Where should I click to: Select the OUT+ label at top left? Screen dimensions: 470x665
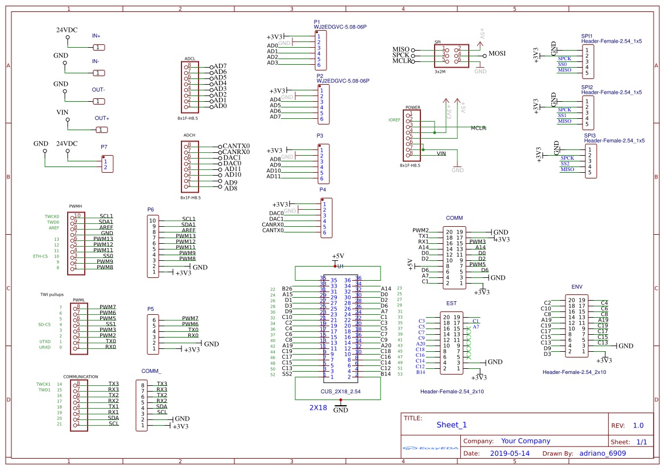point(102,118)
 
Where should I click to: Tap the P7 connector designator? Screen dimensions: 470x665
point(104,147)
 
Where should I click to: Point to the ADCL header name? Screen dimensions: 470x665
point(190,59)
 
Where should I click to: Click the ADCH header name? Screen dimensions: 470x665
point(189,135)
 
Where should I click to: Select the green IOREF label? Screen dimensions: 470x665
point(394,120)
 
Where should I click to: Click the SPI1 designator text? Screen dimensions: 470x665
point(587,35)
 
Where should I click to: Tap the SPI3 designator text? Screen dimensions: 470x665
point(589,136)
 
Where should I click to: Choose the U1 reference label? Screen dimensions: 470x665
point(340,266)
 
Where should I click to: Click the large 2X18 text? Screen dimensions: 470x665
point(318,407)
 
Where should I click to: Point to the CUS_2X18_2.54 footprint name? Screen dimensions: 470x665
point(341,392)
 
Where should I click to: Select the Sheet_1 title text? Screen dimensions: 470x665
point(452,425)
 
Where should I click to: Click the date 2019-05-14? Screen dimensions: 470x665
point(510,454)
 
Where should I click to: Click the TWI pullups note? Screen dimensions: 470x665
point(52,294)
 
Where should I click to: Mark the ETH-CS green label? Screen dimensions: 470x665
point(41,256)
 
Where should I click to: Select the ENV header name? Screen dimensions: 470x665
point(577,286)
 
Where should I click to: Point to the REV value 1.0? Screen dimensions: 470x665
point(638,425)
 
